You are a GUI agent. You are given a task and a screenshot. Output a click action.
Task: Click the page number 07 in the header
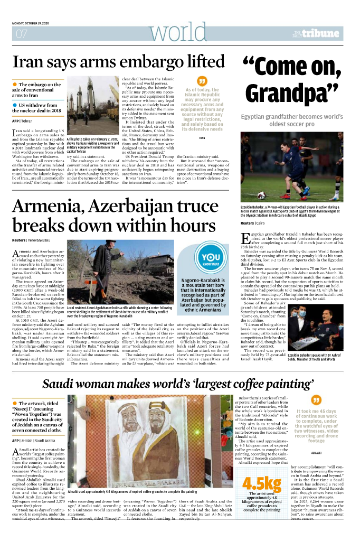click(x=22, y=34)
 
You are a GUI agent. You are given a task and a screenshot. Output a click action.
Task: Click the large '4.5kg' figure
click(x=261, y=498)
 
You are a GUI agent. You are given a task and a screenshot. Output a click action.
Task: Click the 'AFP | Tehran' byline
click(x=23, y=121)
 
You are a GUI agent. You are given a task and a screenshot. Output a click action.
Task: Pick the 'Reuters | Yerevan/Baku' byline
click(x=31, y=240)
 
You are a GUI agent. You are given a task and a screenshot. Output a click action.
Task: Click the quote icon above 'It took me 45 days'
click(x=316, y=400)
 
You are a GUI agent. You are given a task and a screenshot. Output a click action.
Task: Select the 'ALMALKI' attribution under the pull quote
click(x=317, y=453)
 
